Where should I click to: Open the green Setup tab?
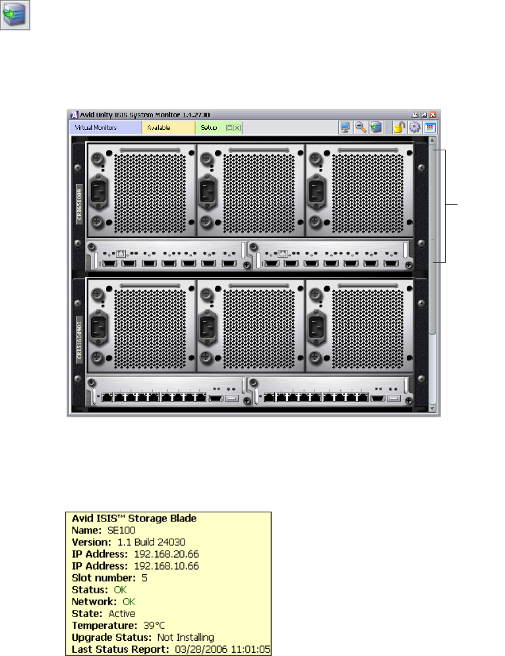(209, 128)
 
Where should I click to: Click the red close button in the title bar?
(433, 115)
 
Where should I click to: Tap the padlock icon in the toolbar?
(400, 128)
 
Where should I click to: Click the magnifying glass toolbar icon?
(361, 128)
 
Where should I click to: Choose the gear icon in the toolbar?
(415, 128)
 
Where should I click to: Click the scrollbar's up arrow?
(432, 140)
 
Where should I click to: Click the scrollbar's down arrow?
(432, 409)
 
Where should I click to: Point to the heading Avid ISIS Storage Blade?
(125, 518)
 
